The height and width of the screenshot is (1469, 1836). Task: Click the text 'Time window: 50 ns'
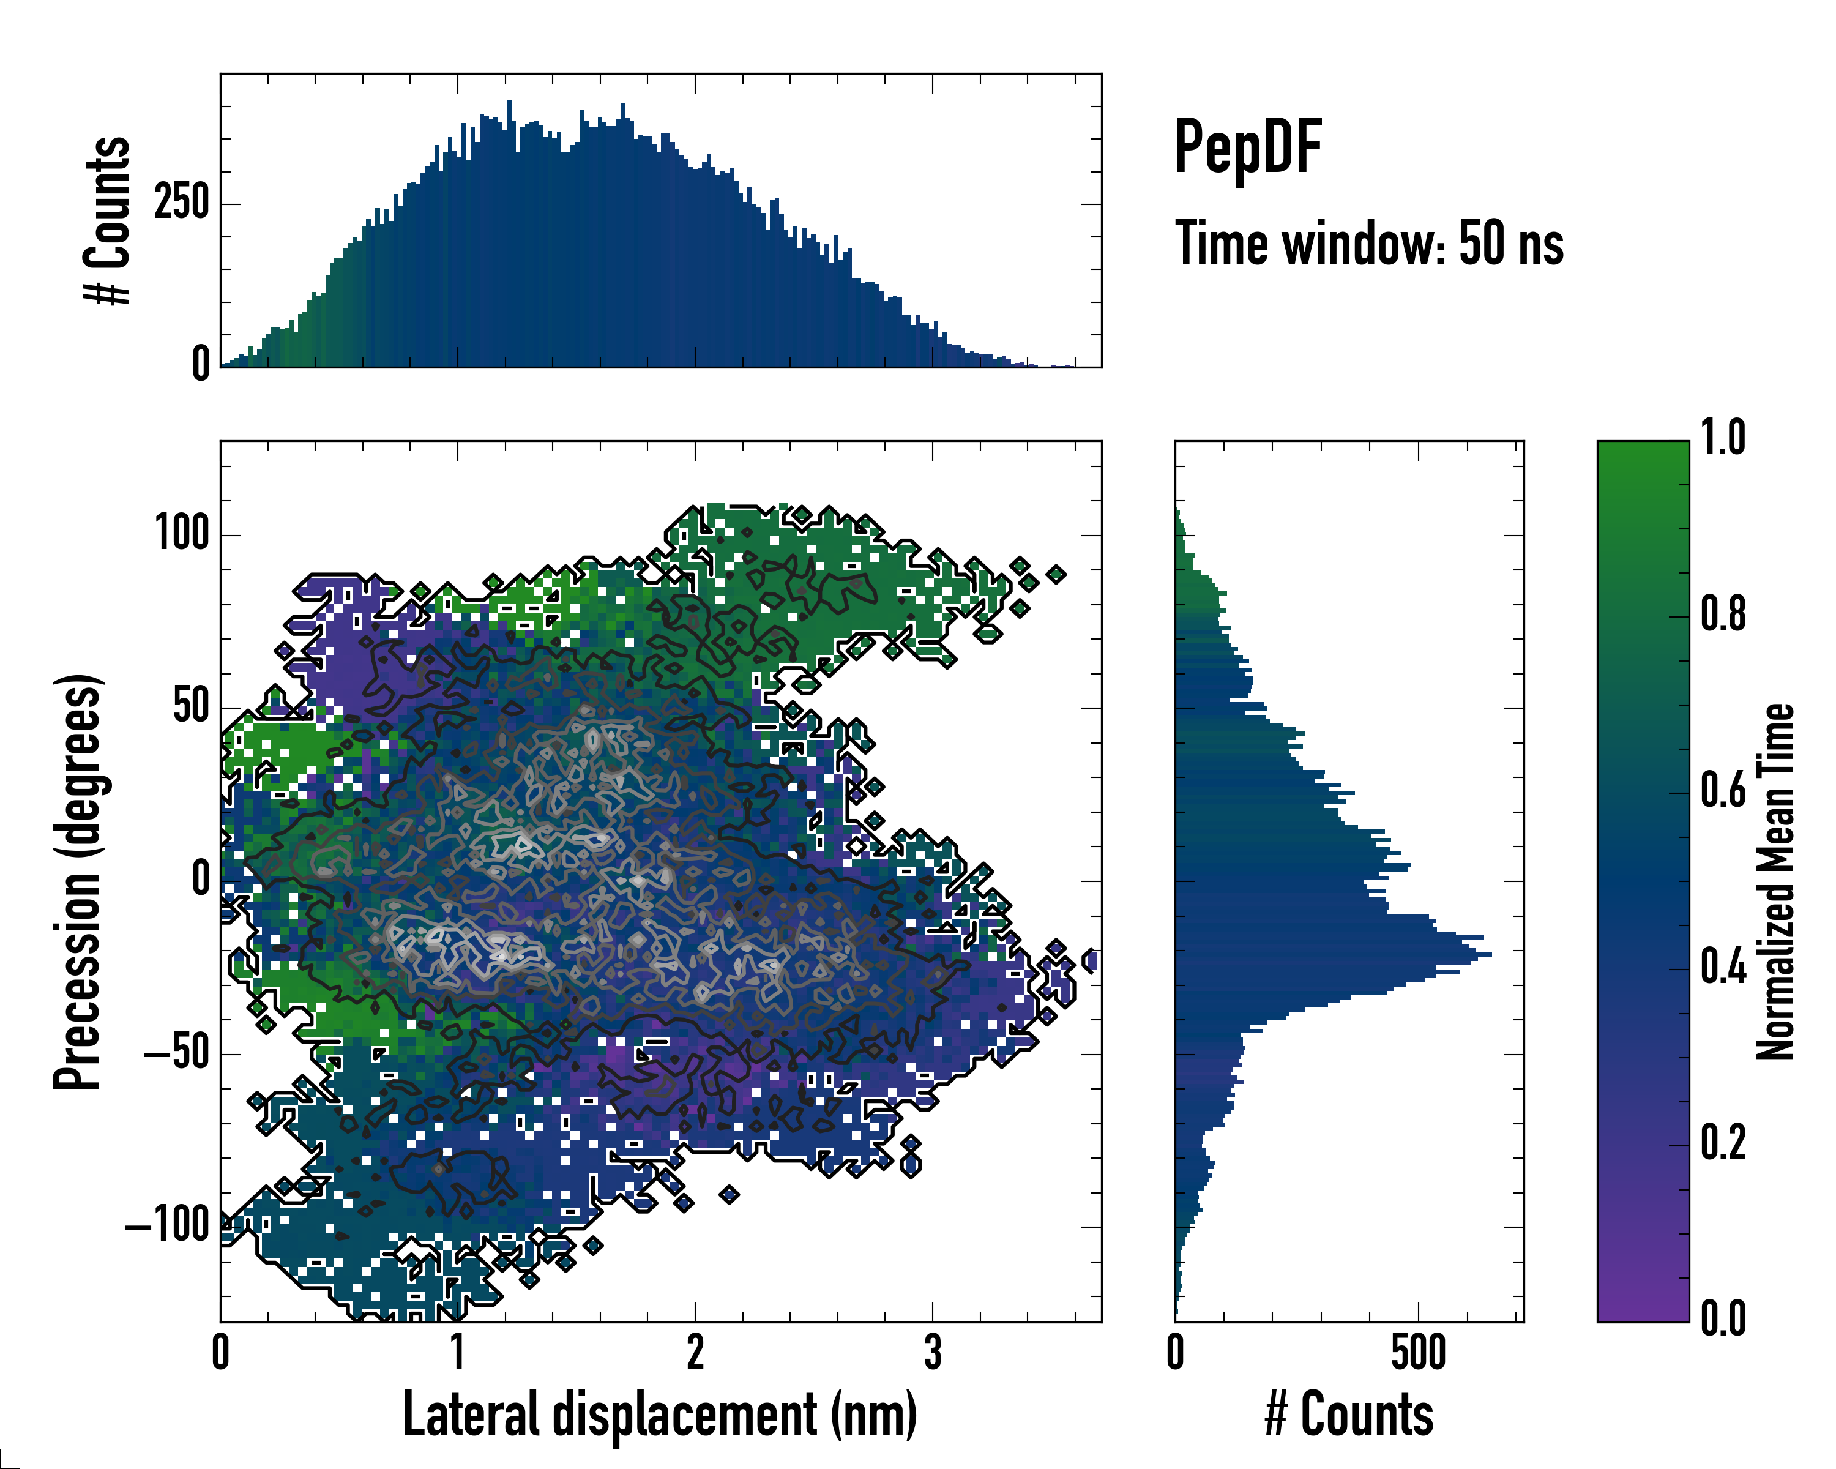point(1368,244)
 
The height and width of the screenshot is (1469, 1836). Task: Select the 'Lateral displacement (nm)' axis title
point(660,1415)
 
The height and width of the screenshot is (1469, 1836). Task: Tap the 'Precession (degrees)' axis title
point(78,881)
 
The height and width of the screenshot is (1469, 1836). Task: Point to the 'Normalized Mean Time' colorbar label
point(1775,881)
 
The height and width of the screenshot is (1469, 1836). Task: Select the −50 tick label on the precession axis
point(177,1053)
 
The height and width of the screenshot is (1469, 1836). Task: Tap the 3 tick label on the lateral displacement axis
point(933,1352)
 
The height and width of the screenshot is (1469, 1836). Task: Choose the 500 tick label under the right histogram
point(1419,1352)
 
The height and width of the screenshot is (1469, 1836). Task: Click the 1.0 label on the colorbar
point(1723,438)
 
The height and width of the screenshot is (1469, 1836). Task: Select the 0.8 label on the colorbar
point(1723,614)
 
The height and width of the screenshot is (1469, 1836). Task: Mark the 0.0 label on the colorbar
point(1723,1318)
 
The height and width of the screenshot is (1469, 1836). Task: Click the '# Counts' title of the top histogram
point(108,220)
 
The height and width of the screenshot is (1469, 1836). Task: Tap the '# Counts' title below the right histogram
point(1349,1415)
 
